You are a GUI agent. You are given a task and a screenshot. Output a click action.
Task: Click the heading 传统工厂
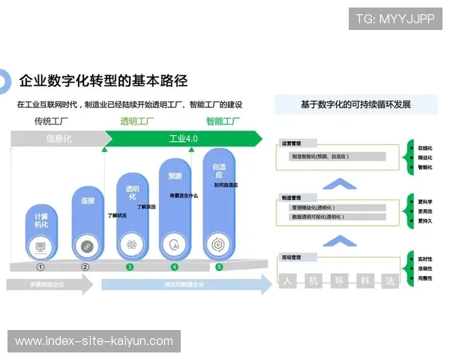click(51, 121)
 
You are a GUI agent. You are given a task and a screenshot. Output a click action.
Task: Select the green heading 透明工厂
click(137, 121)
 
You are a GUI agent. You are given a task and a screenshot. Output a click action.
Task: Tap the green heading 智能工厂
click(223, 121)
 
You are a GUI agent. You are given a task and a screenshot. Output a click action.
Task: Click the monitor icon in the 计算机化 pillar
click(40, 245)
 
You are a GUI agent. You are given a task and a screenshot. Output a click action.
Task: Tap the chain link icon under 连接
click(86, 245)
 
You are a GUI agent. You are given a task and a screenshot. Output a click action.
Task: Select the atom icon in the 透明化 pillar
click(131, 244)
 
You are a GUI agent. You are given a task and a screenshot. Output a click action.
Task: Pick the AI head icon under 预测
click(175, 244)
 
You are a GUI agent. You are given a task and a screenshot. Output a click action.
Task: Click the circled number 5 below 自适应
click(219, 266)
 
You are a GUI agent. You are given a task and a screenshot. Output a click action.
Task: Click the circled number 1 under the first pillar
click(40, 266)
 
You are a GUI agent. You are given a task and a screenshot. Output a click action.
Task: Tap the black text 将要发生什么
click(184, 196)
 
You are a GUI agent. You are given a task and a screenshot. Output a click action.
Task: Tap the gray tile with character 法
click(389, 281)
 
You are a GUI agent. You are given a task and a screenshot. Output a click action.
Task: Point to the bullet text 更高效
click(425, 211)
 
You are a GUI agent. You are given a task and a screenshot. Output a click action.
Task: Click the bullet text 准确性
click(425, 268)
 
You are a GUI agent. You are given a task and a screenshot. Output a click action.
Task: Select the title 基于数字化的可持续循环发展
click(355, 105)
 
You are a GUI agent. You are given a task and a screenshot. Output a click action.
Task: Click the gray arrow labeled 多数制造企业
click(47, 285)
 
